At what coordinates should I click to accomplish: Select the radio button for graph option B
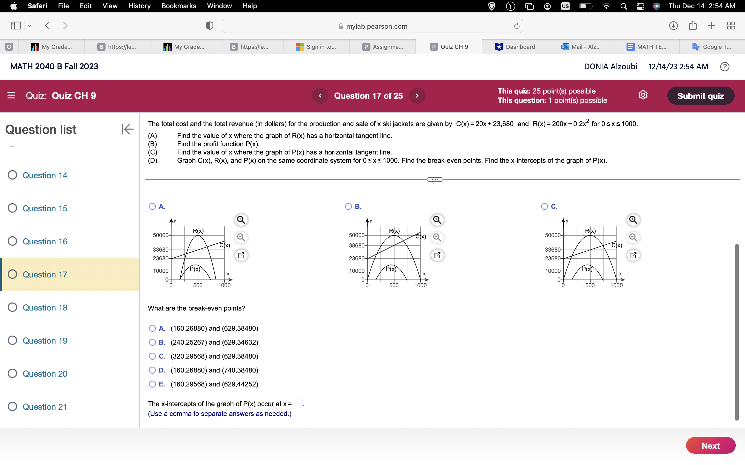(348, 206)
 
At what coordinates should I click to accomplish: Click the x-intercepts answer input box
(298, 404)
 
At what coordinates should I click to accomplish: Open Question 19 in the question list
(45, 340)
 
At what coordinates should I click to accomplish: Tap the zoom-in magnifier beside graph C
(633, 220)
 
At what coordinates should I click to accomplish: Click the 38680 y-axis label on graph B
(356, 245)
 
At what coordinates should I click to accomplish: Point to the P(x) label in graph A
(195, 269)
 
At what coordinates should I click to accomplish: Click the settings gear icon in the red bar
(643, 95)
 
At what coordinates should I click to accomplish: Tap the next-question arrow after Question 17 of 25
(417, 96)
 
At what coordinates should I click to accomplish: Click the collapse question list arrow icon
(128, 129)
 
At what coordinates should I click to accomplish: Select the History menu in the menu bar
(139, 6)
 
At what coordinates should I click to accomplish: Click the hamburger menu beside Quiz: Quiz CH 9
(11, 95)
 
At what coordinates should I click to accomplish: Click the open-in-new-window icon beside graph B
(437, 255)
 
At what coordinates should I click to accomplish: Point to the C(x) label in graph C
(617, 245)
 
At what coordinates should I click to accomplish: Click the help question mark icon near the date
(725, 66)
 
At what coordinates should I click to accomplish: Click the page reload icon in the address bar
(517, 26)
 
